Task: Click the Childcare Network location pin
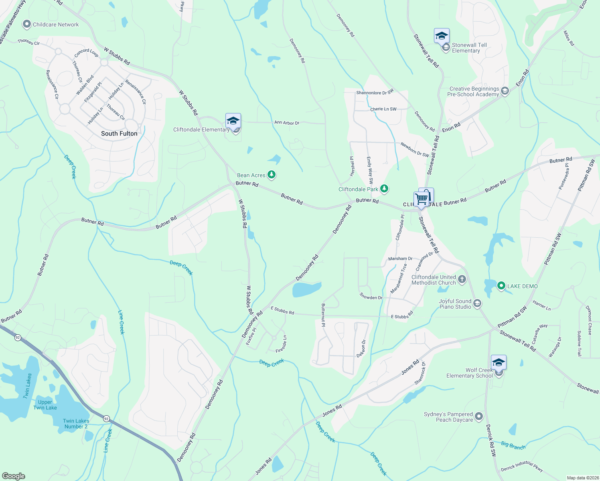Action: pyautogui.click(x=27, y=24)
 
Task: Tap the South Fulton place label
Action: pyautogui.click(x=119, y=133)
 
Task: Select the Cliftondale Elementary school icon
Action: pyautogui.click(x=233, y=120)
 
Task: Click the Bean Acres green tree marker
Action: pyautogui.click(x=272, y=175)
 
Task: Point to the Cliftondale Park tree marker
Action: pyautogui.click(x=384, y=189)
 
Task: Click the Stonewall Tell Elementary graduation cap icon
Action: pyautogui.click(x=442, y=36)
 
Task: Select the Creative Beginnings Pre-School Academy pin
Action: pyautogui.click(x=505, y=91)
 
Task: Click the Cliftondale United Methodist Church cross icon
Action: pyautogui.click(x=462, y=279)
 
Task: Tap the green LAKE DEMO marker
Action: pyautogui.click(x=501, y=286)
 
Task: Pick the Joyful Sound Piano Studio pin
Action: pyautogui.click(x=477, y=303)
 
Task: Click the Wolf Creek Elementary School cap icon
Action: pyautogui.click(x=499, y=362)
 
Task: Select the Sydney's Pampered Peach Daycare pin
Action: pyautogui.click(x=479, y=417)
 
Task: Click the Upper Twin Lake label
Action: pyautogui.click(x=45, y=405)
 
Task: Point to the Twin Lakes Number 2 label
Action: pyautogui.click(x=76, y=424)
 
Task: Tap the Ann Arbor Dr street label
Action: pyautogui.click(x=287, y=123)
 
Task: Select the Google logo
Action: pyautogui.click(x=14, y=476)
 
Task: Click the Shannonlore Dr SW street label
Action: pyautogui.click(x=375, y=93)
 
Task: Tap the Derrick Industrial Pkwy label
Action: pyautogui.click(x=521, y=467)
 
